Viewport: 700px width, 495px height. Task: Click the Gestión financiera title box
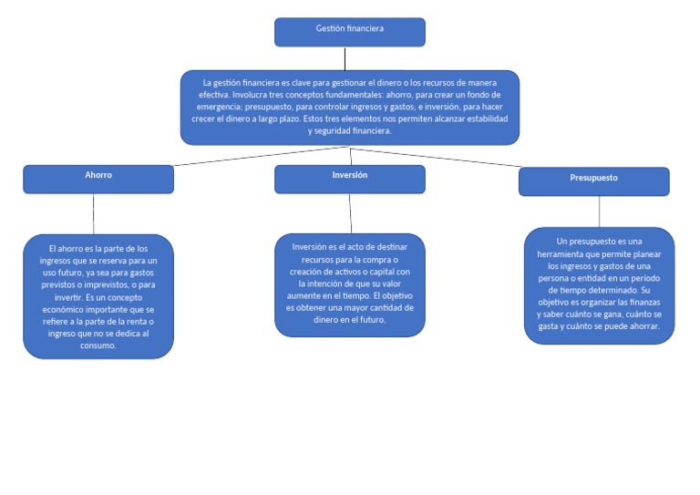(349, 32)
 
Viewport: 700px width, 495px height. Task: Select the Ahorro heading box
(98, 179)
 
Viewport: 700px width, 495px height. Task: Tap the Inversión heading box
(349, 179)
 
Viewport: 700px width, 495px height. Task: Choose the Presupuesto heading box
(593, 181)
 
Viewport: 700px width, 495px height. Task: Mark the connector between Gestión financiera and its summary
(345, 58)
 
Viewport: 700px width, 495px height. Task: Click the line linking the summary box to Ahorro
(255, 156)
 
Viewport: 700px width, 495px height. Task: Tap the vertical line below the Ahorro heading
(93, 213)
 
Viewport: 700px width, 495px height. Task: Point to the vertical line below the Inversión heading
(350, 213)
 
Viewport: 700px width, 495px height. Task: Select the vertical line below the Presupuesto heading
(599, 211)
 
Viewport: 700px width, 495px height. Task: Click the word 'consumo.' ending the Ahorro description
(98, 345)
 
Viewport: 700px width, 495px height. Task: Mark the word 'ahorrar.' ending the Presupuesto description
(643, 326)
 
